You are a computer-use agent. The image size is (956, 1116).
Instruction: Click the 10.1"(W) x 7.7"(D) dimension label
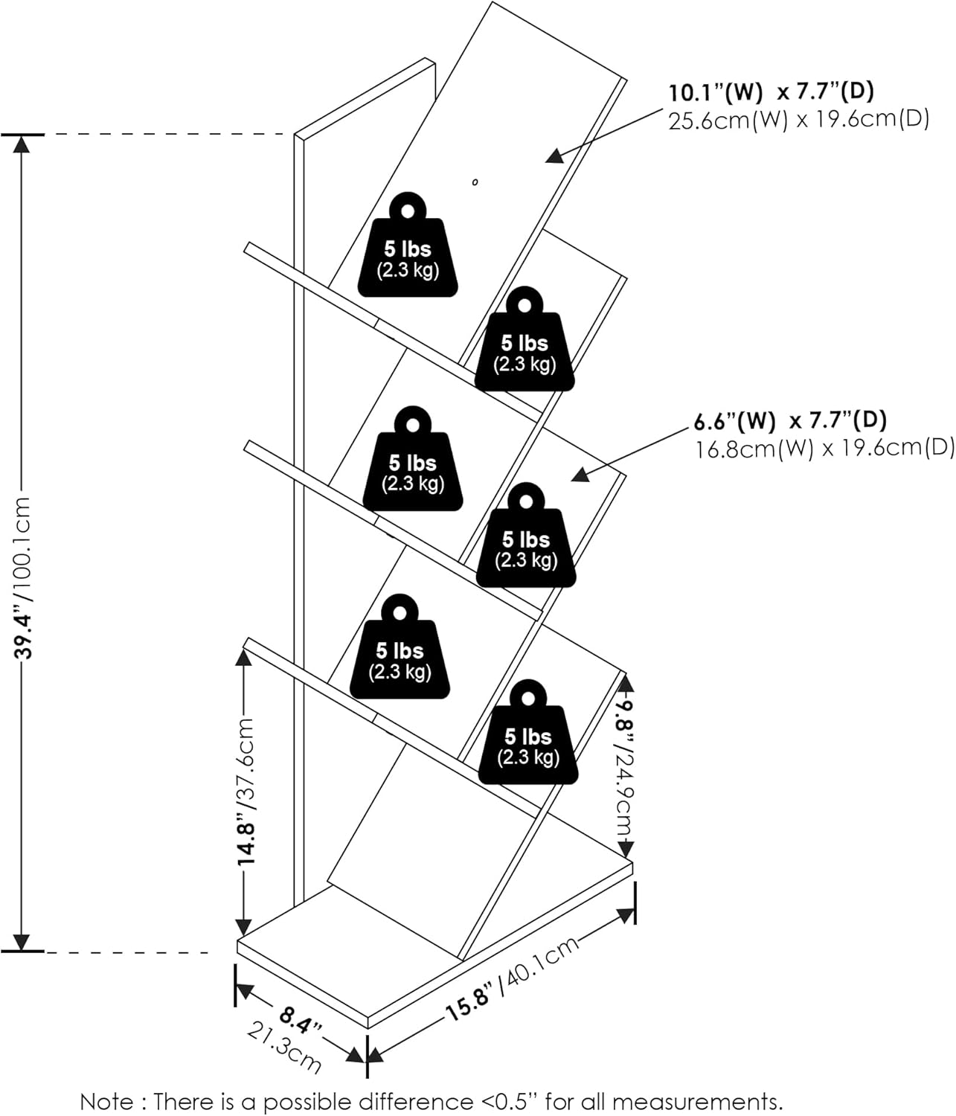coord(771,92)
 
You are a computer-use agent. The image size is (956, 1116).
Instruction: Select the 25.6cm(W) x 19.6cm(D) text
coord(798,120)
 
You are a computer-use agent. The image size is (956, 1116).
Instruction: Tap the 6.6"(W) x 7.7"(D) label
coord(790,421)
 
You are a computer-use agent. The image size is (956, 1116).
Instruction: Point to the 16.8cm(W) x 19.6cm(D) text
coord(824,449)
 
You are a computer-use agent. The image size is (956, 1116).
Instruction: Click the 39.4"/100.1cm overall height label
coord(24,578)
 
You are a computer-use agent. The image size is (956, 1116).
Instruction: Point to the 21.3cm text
coord(284,1048)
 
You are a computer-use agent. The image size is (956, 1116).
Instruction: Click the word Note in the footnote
coord(107,1101)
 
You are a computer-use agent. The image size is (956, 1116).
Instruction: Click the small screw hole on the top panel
coord(475,182)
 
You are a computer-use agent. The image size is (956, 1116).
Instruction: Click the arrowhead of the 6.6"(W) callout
coord(578,475)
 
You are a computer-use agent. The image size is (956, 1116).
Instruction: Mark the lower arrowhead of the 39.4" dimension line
coord(23,943)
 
